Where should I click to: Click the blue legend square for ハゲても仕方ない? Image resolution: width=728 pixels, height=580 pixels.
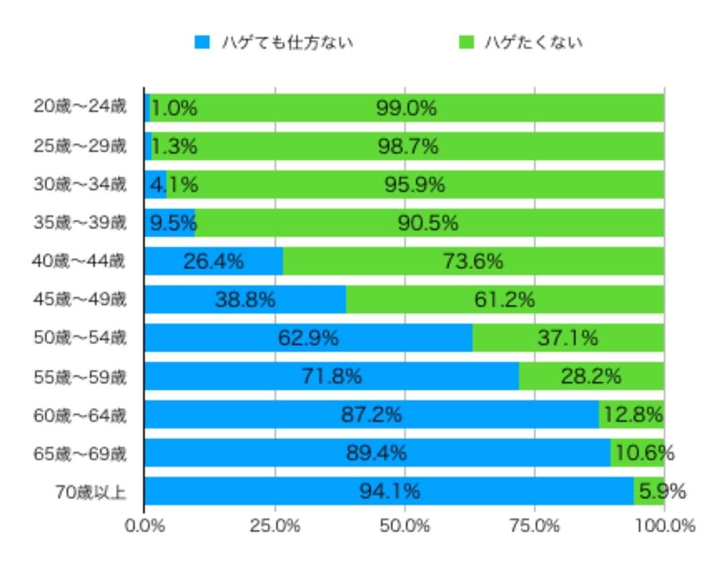(202, 42)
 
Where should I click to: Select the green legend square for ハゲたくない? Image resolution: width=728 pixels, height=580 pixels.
(466, 42)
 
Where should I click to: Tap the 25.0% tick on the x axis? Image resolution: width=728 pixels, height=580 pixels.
(275, 526)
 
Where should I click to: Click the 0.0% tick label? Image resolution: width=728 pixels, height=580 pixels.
(144, 526)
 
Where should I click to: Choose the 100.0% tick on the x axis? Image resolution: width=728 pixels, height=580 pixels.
(665, 526)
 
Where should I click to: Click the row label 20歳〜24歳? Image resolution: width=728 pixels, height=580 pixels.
(80, 107)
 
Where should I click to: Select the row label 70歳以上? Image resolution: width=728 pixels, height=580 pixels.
(91, 491)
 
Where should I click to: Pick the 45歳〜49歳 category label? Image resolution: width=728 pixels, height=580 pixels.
(80, 299)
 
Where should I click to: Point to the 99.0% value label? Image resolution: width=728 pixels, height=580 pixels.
(406, 108)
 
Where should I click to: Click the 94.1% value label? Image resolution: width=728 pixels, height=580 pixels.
(390, 492)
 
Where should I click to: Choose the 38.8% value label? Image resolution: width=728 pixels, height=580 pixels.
(245, 300)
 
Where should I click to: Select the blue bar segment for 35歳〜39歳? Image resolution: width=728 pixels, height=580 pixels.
(170, 223)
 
